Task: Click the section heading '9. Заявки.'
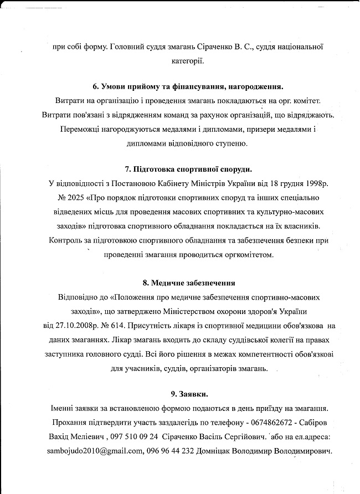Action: coord(189,394)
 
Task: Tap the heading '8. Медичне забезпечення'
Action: coord(189,282)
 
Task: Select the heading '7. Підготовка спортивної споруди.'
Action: coord(189,169)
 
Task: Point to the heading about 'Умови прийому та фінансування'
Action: coord(189,87)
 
